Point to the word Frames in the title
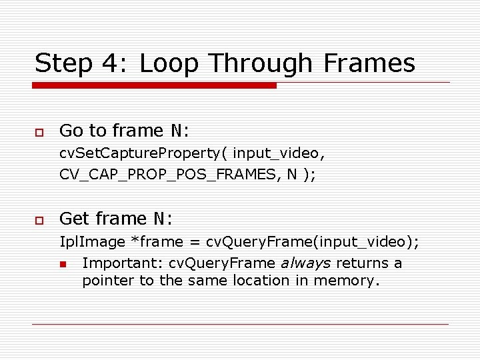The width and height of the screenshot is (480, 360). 369,64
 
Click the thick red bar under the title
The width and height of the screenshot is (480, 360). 155,85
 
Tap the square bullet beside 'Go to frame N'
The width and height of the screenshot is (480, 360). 39,131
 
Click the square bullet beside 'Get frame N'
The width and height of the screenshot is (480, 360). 39,219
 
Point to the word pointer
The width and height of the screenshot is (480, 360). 108,281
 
